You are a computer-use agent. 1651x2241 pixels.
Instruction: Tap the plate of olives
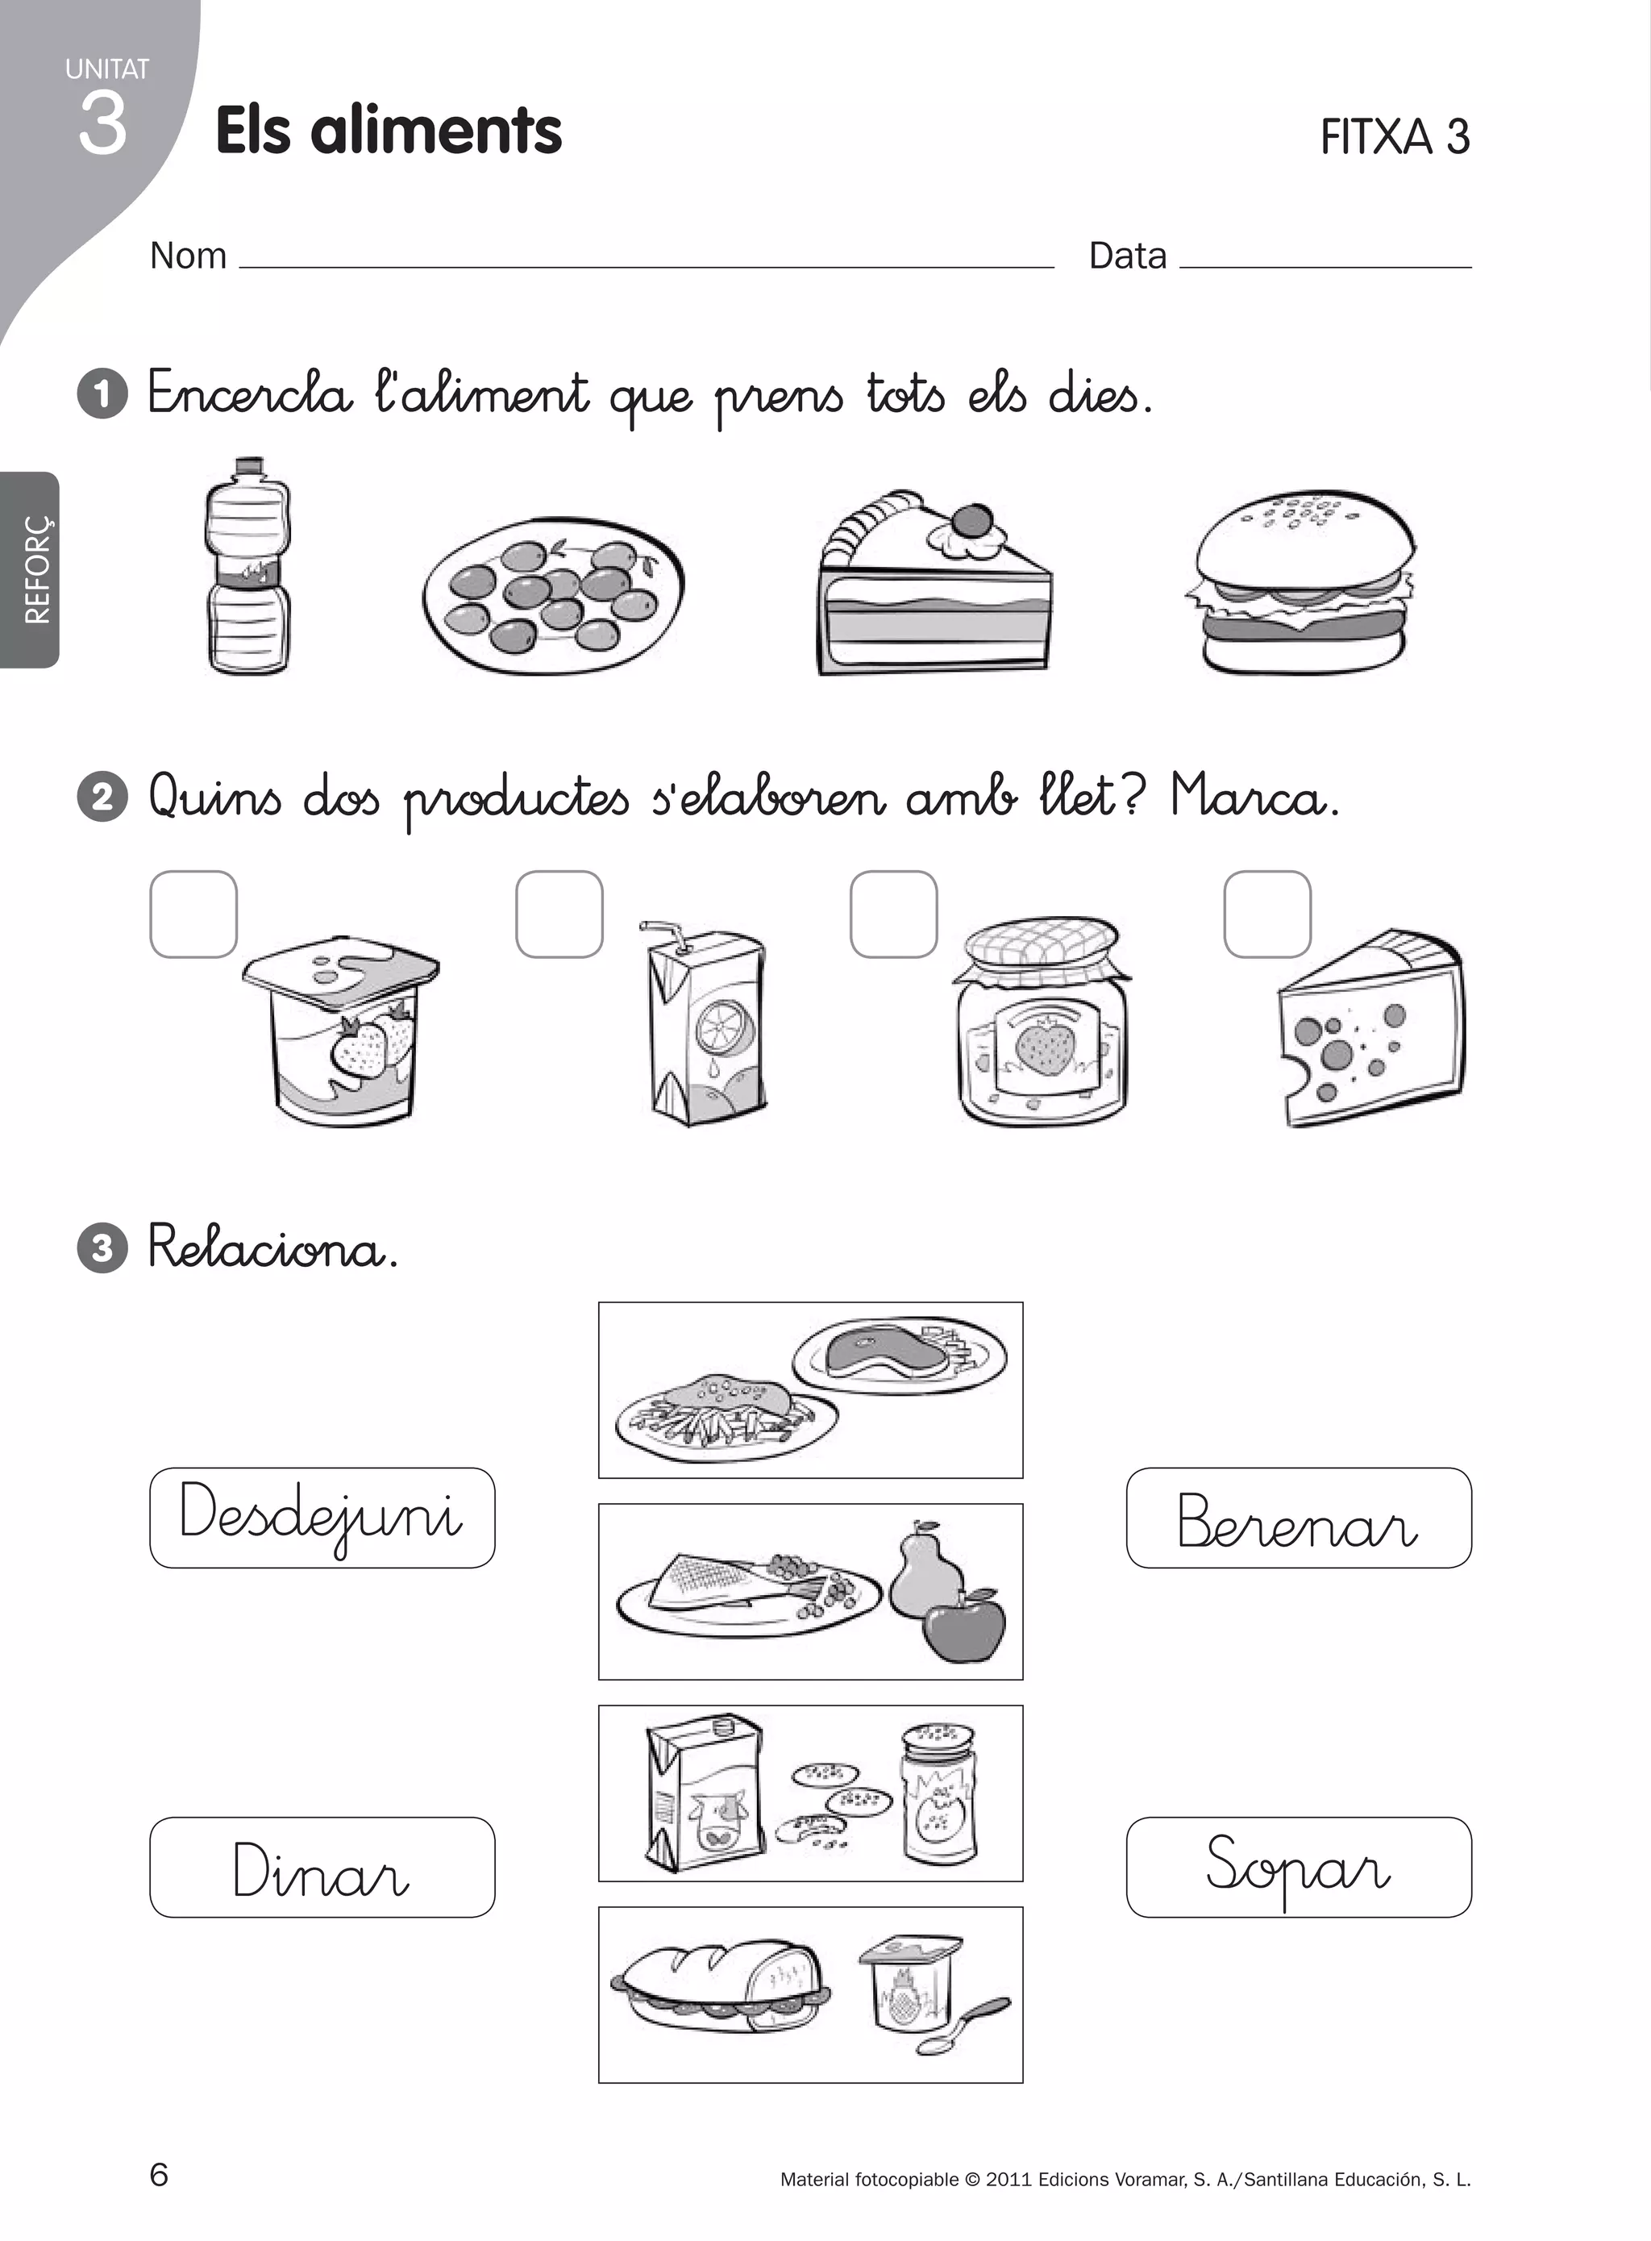tap(553, 597)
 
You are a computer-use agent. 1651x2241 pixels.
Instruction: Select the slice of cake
tap(934, 589)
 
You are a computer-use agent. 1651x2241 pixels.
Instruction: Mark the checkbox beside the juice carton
tap(559, 914)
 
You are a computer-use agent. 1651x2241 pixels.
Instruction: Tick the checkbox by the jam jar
tap(893, 914)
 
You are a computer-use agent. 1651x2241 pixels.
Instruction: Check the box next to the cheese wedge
tap(1267, 914)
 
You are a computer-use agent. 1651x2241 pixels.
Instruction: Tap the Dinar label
tap(322, 1867)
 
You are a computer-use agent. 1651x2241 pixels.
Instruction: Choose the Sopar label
tap(1298, 1867)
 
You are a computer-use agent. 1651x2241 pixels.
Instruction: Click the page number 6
tap(159, 2174)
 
